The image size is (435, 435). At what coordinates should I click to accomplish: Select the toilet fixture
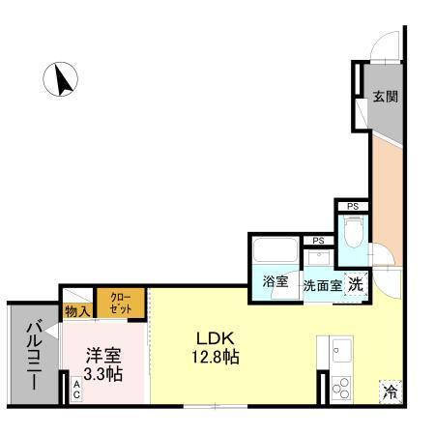tap(354, 233)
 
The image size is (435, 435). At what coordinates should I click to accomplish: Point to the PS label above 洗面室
tap(316, 241)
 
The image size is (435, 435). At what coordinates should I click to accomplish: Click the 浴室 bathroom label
tap(275, 282)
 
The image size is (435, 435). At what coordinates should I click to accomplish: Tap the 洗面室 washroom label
tap(322, 285)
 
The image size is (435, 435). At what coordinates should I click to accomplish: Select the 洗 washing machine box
tap(356, 284)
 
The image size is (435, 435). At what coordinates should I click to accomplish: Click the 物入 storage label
tap(77, 311)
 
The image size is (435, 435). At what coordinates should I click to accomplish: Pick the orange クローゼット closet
tap(121, 303)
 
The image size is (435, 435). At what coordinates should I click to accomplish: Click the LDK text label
tap(217, 337)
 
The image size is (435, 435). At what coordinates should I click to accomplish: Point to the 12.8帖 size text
tap(217, 357)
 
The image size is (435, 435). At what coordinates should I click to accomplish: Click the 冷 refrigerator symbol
tap(390, 391)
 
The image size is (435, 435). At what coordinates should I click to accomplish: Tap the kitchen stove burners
tap(342, 388)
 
